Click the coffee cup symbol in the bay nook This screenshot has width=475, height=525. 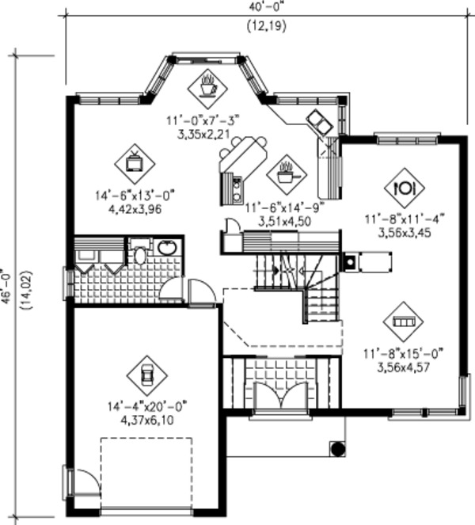point(209,85)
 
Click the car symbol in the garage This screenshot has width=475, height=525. point(146,375)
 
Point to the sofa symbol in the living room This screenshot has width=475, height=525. point(403,322)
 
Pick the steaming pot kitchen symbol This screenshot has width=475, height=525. point(285,170)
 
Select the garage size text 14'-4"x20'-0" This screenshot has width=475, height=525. point(150,408)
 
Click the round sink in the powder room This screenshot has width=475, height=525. point(167,247)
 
